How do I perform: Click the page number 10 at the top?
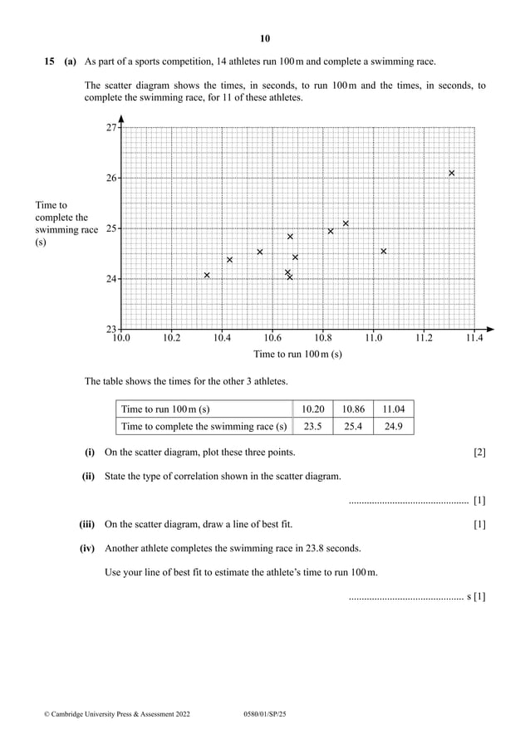click(x=265, y=38)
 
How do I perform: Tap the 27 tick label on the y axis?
click(x=110, y=128)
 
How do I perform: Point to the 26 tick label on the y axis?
click(x=110, y=178)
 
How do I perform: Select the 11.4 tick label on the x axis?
click(x=474, y=339)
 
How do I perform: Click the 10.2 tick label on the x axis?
click(x=171, y=339)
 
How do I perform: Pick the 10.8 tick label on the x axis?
click(x=322, y=339)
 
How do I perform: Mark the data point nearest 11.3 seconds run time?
click(x=451, y=174)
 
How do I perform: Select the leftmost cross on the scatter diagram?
click(x=207, y=275)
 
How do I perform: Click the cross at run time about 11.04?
click(x=383, y=251)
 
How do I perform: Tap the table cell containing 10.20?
click(x=313, y=409)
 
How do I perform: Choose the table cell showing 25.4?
click(x=353, y=427)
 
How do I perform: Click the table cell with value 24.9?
click(x=394, y=427)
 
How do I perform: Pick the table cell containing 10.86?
click(x=353, y=409)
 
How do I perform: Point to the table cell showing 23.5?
click(x=313, y=427)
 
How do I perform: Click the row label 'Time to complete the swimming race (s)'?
click(x=204, y=427)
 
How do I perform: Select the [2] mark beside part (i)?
click(x=479, y=453)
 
